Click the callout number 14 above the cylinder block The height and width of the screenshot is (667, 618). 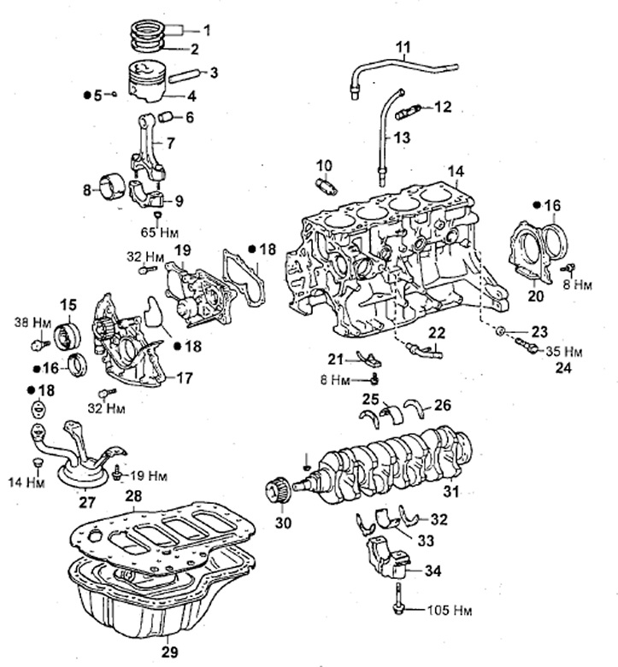pos(456,172)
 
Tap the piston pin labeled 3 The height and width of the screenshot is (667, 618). pos(184,77)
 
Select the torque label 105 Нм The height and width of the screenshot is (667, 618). pos(450,611)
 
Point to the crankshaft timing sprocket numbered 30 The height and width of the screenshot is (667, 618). pos(277,492)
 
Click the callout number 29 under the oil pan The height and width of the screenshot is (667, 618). pos(169,652)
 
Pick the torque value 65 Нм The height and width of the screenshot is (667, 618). pos(160,232)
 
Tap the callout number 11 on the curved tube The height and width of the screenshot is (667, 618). pos(403,47)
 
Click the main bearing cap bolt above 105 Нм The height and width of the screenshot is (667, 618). pos(398,600)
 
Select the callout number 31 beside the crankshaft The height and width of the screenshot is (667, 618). pos(452,491)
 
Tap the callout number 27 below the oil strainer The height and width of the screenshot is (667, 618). pos(87,503)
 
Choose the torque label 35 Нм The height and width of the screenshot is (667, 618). pos(564,351)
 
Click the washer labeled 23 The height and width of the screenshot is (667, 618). pos(502,331)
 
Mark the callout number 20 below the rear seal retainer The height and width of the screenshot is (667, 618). pos(536,295)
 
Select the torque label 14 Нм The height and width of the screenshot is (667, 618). pos(26,483)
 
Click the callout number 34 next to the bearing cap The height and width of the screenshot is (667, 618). pos(433,570)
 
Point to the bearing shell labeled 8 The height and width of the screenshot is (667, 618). pos(112,186)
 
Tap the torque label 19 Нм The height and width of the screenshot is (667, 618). pos(148,475)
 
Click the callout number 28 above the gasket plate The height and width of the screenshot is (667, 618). pos(133,496)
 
